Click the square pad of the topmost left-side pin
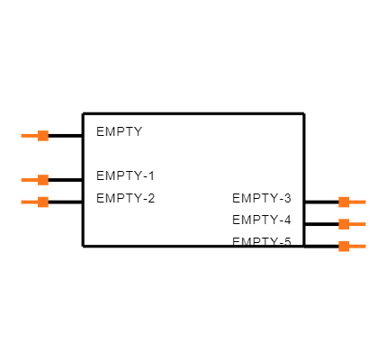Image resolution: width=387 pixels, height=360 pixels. [x=43, y=136]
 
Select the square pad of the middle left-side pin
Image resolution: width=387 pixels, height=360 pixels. [x=43, y=180]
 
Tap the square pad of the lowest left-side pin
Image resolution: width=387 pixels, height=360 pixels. [x=43, y=202]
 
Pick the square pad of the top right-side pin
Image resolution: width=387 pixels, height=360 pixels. [x=344, y=202]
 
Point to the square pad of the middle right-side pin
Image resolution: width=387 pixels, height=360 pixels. [x=344, y=224]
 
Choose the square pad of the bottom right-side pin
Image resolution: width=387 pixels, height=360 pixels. [x=344, y=246]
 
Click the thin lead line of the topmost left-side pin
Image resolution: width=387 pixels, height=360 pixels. [x=29, y=136]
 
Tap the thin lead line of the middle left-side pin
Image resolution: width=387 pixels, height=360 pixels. [x=29, y=180]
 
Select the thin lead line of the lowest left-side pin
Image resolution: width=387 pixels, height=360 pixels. [x=29, y=202]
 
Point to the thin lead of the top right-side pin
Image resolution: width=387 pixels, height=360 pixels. [x=357, y=202]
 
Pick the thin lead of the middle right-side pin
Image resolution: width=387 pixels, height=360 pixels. [x=357, y=224]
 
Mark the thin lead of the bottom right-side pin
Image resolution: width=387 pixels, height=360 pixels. [x=357, y=246]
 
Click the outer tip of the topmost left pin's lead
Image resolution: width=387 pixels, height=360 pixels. [x=22, y=136]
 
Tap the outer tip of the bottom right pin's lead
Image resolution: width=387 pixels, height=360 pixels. [x=364, y=246]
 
